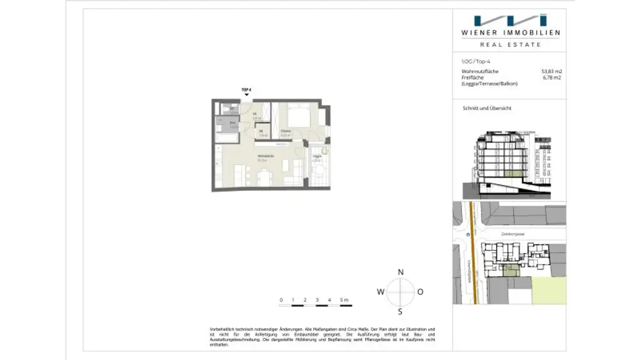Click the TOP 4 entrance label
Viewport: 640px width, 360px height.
(x=246, y=90)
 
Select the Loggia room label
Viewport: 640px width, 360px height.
(x=317, y=157)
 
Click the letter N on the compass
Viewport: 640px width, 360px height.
(x=401, y=272)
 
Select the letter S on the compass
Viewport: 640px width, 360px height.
(x=401, y=312)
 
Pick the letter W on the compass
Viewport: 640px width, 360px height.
(x=380, y=292)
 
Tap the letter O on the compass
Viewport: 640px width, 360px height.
(x=421, y=292)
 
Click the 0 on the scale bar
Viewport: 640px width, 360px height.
(x=281, y=300)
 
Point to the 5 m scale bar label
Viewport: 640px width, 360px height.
(x=344, y=300)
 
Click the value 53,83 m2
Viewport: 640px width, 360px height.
(x=551, y=72)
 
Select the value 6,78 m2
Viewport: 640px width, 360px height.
(x=552, y=77)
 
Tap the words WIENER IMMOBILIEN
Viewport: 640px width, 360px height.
(x=511, y=32)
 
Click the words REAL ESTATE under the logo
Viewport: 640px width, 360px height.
(x=510, y=44)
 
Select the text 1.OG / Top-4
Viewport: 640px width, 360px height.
(x=475, y=61)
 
